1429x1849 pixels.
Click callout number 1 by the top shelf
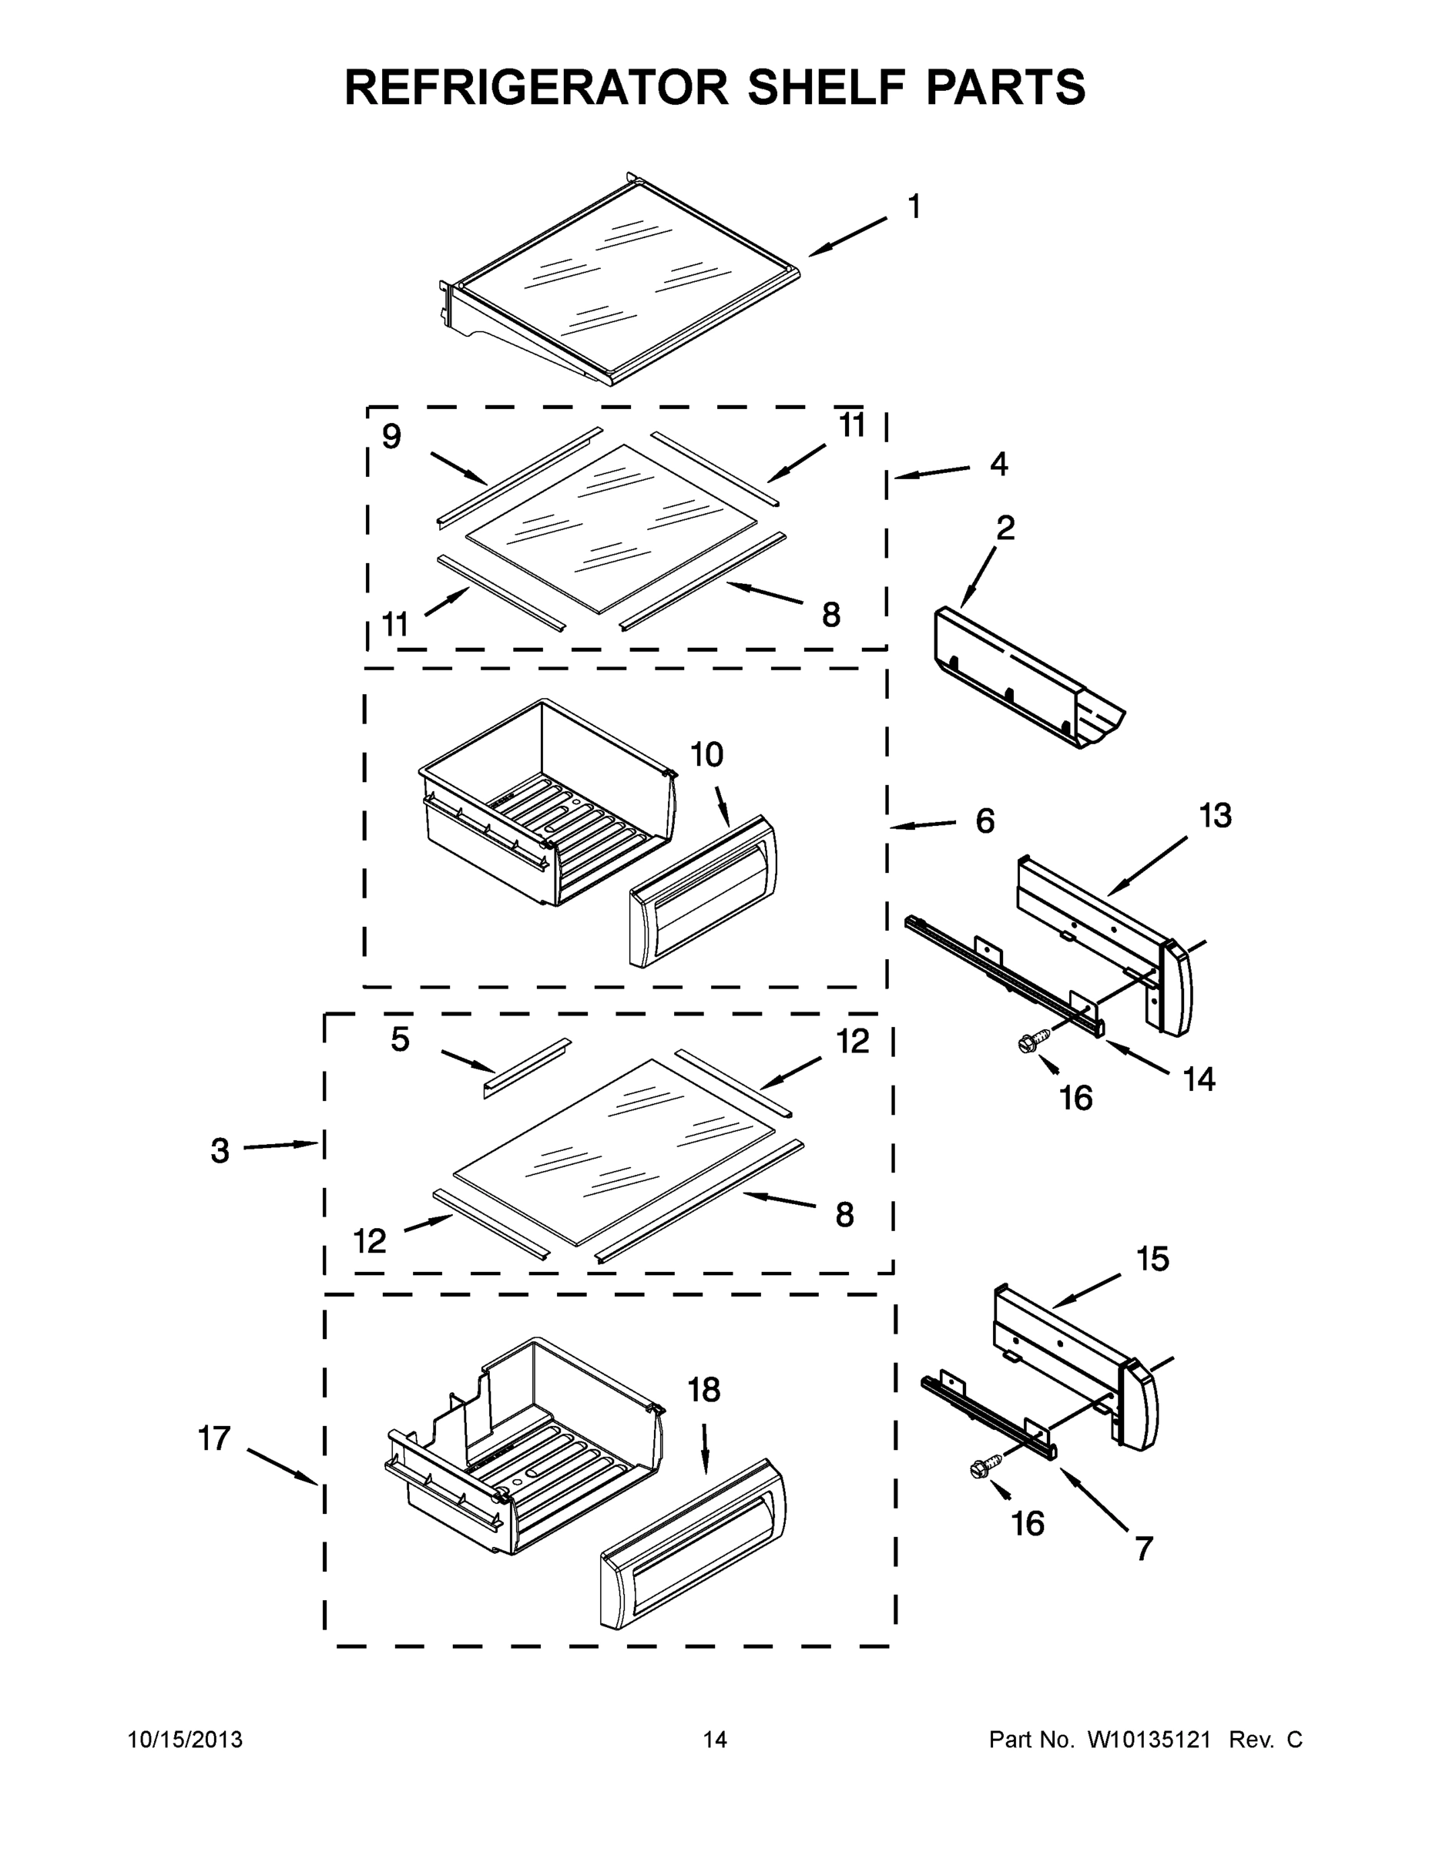914,206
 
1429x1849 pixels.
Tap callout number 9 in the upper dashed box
391,437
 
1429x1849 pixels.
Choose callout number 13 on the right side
1215,816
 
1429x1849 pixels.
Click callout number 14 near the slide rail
1199,1079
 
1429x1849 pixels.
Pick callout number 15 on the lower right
1152,1259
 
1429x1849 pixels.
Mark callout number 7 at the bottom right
1144,1549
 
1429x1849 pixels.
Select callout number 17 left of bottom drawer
214,1438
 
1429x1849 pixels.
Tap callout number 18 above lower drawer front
703,1389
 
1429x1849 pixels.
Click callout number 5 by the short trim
400,1039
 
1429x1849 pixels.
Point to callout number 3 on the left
220,1150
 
